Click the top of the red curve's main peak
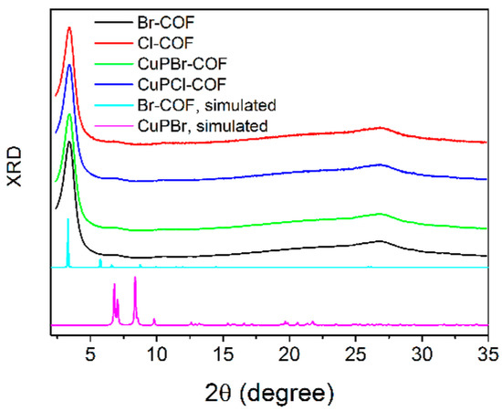click(69, 28)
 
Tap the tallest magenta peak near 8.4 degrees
click(135, 278)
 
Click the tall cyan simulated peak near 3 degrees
click(68, 220)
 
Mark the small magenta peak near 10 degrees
click(154, 319)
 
